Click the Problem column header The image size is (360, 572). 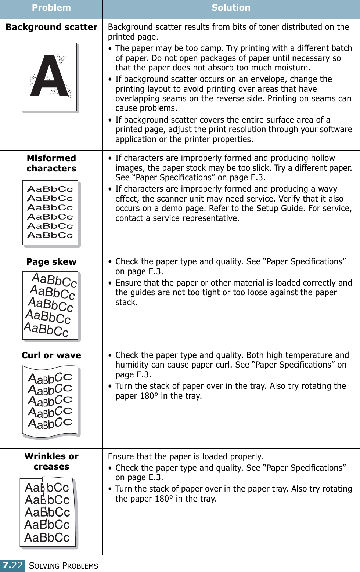(51, 8)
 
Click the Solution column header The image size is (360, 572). (231, 8)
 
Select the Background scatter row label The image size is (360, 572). (51, 27)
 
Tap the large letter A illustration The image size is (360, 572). (49, 76)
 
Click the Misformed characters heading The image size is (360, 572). (51, 163)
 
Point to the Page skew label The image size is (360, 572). (51, 262)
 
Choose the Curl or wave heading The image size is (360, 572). (51, 355)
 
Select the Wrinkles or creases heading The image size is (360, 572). (51, 461)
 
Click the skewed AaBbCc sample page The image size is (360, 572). (50, 305)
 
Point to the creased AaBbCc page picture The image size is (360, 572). (48, 512)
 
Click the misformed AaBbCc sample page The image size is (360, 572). (50, 213)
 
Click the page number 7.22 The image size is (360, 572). (12, 565)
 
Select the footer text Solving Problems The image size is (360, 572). (64, 566)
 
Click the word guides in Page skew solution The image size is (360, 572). (138, 293)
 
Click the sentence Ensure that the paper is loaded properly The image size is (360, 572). (186, 457)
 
